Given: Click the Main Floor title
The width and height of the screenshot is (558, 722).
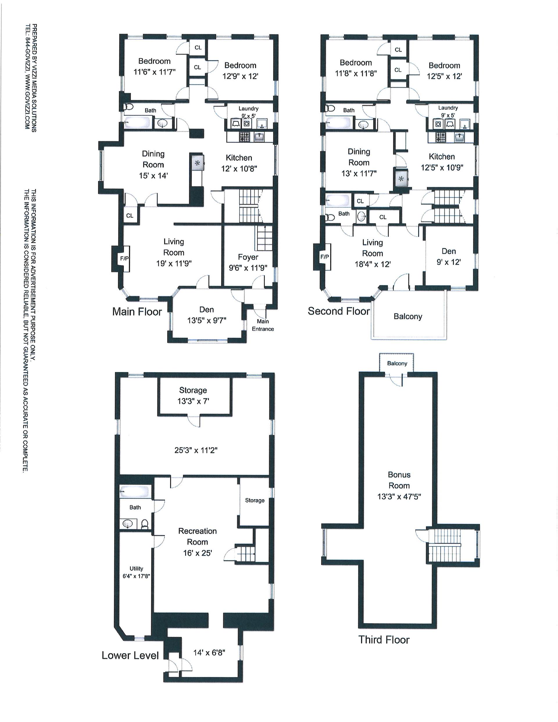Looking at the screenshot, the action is pos(137,311).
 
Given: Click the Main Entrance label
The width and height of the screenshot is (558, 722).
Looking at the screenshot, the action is pos(263,325).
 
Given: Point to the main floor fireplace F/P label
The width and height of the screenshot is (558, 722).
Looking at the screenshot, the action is pos(124,259).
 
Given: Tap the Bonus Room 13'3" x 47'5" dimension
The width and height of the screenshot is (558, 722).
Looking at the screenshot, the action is pos(399,496).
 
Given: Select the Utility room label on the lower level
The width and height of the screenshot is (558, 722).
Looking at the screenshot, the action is pos(136,569).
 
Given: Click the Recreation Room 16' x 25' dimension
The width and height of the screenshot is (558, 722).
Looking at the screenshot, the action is pos(197,553).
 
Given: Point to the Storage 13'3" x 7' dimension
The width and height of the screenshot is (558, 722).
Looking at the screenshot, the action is pos(193,401).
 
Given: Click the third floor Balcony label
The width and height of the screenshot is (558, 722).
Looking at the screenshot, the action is pos(397,363).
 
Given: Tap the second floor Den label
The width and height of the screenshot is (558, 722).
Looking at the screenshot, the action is pos(448,251).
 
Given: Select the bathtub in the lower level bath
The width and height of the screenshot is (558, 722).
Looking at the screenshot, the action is pos(135,492).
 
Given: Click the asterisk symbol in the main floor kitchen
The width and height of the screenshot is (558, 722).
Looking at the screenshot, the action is pos(197,163).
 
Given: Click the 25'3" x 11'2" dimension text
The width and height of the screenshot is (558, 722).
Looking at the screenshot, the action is pos(196,450).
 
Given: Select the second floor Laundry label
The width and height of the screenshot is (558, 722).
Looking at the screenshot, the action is pos(448,108).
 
